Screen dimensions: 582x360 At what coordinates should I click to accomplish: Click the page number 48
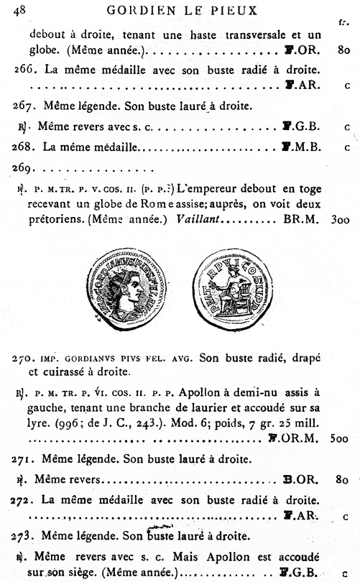(x=20, y=9)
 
